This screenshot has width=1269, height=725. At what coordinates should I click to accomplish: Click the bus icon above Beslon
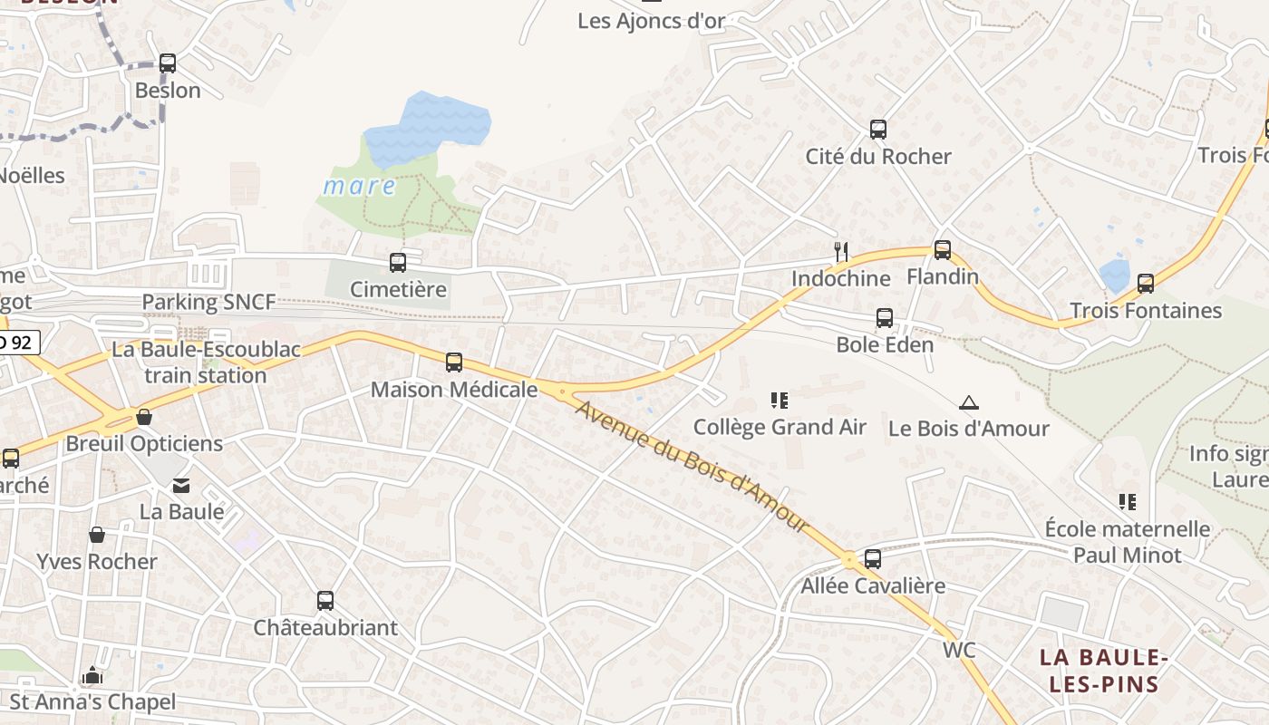point(167,63)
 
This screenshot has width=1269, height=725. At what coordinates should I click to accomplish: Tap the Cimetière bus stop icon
point(397,263)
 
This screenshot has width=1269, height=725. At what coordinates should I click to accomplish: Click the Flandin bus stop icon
point(943,250)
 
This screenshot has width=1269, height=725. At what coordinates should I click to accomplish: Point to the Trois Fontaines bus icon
point(1146,284)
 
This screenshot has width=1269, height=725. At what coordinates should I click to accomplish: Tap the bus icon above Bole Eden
point(885,318)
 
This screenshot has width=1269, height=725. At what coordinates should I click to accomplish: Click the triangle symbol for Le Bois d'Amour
point(969,402)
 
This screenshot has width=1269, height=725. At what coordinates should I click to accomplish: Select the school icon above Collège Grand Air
point(780,400)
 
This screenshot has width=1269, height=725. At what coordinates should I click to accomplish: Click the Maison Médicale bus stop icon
point(454,362)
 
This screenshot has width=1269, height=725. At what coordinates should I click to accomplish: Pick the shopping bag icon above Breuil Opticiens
point(144,417)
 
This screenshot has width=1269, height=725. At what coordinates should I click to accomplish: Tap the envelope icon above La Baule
point(182,486)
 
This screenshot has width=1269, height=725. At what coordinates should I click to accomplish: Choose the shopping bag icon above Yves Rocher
point(97,536)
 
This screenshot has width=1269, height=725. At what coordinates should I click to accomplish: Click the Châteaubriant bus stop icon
point(325,601)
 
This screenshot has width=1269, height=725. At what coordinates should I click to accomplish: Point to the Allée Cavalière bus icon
point(873,559)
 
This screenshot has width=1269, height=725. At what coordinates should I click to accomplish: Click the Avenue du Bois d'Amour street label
point(692,467)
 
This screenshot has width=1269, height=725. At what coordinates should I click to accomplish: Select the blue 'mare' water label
point(360,187)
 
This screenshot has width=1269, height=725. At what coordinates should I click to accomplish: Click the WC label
point(959,650)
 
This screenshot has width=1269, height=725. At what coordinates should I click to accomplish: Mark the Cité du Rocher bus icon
point(878,130)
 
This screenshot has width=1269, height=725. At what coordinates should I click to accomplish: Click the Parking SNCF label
point(208,303)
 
